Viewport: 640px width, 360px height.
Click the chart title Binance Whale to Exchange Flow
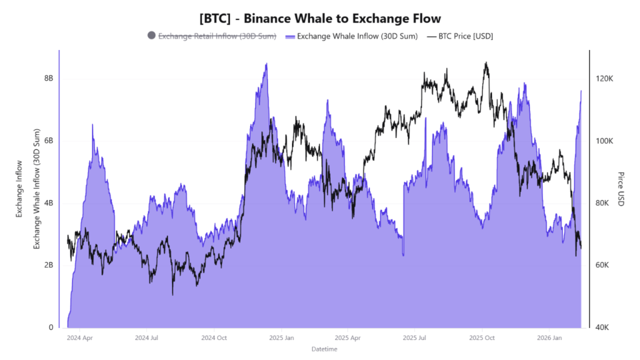319,19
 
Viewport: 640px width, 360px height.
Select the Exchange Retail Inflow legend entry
217,36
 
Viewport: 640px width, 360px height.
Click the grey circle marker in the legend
151,36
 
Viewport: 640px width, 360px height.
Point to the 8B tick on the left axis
47,78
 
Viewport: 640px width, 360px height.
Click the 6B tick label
47,141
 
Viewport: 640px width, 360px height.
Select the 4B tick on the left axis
47,203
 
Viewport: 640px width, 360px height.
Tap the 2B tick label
47,265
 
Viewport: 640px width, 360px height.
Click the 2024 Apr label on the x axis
79,337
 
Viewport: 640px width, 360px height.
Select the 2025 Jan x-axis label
281,337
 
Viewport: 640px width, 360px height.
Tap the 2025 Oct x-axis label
482,337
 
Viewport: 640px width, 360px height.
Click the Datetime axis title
324,349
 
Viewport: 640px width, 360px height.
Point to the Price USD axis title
621,189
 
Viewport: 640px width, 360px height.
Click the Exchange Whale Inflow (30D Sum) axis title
36,189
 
